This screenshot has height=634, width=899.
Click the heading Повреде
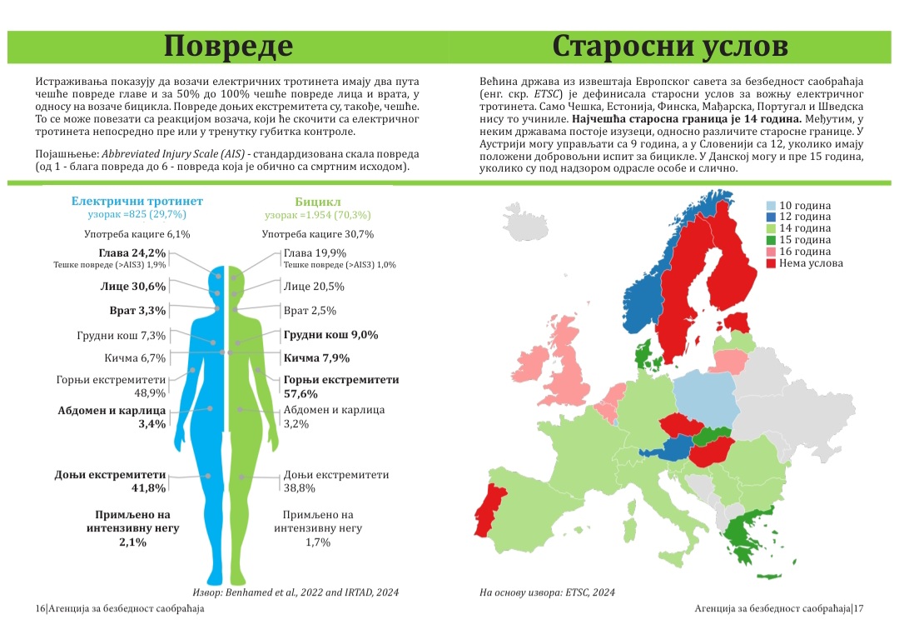(228, 46)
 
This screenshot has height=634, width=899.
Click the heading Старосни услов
(670, 46)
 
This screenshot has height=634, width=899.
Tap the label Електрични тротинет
(137, 202)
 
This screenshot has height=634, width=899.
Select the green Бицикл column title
(317, 202)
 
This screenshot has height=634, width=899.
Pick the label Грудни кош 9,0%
(330, 335)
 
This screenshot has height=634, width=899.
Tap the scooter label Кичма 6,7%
(135, 358)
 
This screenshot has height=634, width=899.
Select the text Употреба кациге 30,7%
(317, 234)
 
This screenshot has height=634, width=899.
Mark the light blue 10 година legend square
(771, 206)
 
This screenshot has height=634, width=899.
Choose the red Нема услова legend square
(771, 263)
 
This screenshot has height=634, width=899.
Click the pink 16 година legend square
(771, 252)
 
